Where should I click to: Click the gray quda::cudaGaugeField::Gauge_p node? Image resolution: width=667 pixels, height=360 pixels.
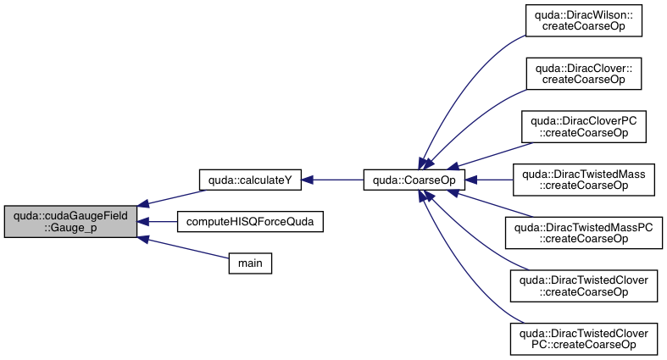70,221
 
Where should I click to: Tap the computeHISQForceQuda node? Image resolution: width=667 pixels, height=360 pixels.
239,221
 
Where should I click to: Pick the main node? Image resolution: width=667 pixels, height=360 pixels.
249,263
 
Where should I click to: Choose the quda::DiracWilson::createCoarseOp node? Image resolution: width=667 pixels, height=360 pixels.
583,23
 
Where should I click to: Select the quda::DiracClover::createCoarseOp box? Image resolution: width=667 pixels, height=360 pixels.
583,74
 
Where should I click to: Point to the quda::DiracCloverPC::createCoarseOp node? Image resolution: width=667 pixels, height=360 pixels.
583,126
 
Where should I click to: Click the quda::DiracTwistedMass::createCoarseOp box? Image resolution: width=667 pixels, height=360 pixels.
583,180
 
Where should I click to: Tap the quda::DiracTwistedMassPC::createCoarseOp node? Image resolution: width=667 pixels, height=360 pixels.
583,232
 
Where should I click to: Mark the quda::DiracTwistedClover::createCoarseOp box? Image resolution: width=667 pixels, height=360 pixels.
583,285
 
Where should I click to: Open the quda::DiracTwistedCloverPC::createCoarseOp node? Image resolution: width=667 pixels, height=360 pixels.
583,337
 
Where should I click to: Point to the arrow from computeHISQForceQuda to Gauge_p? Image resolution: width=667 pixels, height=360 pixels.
157,221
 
